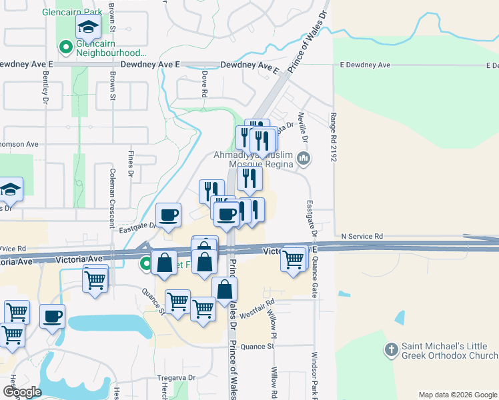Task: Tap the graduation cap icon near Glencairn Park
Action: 87,27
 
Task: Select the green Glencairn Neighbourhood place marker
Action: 65,47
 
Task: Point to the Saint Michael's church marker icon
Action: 392,349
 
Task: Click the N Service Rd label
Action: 362,236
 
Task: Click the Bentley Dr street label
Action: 45,87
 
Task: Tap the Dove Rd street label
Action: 204,83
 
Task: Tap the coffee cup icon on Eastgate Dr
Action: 168,215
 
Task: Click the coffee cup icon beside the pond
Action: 52,317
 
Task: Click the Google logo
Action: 22,392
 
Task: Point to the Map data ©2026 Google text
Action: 457,395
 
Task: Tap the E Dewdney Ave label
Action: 365,65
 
